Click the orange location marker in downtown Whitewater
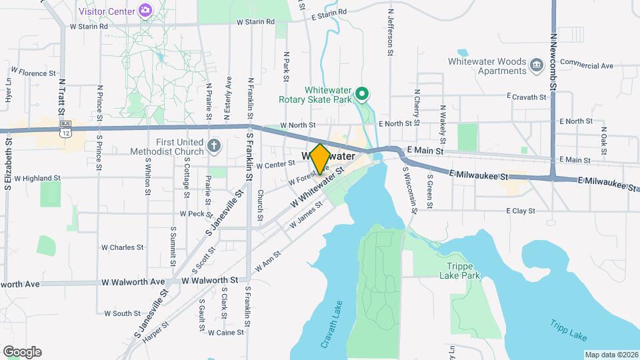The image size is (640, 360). click(x=319, y=159)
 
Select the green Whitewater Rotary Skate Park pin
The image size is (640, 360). click(x=361, y=95)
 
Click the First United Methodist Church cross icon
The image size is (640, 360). click(x=213, y=145)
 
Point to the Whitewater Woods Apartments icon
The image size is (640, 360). click(x=537, y=65)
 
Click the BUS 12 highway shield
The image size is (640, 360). click(x=65, y=128)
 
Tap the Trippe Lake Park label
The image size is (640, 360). click(x=463, y=270)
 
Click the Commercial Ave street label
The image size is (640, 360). click(x=586, y=65)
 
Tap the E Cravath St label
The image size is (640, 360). click(x=526, y=97)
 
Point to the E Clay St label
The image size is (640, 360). click(x=521, y=211)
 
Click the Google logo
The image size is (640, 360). click(x=22, y=352)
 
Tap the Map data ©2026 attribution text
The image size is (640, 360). click(x=611, y=355)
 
